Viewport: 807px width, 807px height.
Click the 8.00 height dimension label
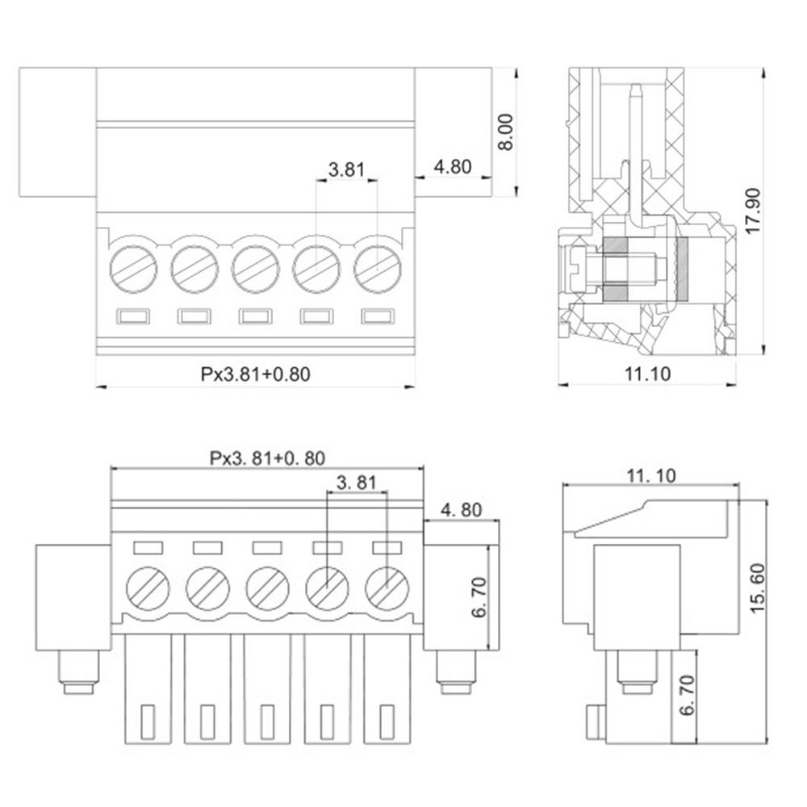tap(505, 132)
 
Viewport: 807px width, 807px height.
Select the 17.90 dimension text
tap(754, 211)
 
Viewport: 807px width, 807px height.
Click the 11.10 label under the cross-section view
tap(648, 373)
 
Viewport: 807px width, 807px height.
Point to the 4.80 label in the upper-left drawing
tap(452, 167)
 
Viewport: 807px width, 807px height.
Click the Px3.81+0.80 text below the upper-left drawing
tap(255, 374)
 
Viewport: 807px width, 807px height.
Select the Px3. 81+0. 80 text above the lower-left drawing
tap(267, 458)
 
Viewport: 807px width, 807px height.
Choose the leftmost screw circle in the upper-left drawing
tap(132, 264)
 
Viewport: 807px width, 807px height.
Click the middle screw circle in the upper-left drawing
tap(254, 264)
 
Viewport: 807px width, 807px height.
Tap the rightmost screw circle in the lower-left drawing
tap(387, 587)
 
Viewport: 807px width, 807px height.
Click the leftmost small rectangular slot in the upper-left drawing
tap(132, 316)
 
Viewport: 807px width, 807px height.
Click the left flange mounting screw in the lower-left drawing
tap(78, 672)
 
